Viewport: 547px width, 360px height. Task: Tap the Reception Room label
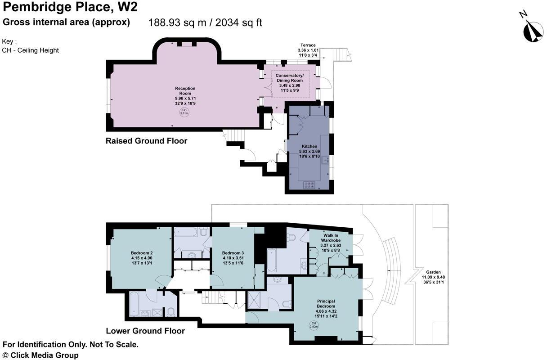[185, 96]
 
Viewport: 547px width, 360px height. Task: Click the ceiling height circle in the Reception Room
[184, 112]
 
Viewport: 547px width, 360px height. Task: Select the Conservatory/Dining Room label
[290, 83]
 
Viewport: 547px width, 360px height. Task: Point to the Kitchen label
[309, 151]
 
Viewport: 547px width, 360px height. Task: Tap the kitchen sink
[325, 160]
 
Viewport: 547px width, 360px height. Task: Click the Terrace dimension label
[308, 50]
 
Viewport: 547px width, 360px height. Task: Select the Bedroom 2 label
[142, 258]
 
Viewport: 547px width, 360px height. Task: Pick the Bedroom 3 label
[233, 258]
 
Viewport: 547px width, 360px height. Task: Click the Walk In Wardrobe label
[331, 243]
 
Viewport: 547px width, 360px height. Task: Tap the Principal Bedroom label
[326, 308]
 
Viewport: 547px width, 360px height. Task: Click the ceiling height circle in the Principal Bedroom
[314, 325]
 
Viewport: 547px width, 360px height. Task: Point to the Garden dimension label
[433, 277]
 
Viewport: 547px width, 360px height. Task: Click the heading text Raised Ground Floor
[146, 141]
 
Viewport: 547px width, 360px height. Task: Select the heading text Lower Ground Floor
[145, 331]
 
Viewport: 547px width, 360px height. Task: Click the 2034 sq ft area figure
[238, 22]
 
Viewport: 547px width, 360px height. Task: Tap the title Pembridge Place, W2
[70, 7]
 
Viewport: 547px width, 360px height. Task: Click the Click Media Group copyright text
[40, 355]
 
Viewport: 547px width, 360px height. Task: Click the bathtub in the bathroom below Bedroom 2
[134, 304]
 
